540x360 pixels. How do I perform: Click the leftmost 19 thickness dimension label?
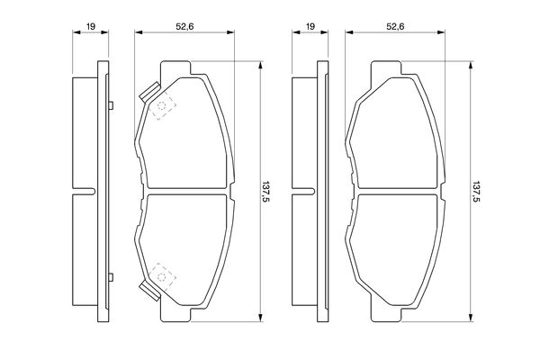tap(91, 28)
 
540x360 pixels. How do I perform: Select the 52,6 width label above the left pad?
tap(183, 28)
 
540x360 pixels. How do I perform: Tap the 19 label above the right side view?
tap(310, 28)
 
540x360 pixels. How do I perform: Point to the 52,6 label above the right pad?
tap(393, 28)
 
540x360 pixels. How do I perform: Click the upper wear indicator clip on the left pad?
tap(149, 93)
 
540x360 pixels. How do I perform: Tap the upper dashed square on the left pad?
tap(163, 109)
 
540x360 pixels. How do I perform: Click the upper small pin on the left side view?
tap(109, 107)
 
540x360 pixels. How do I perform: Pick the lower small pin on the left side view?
tap(109, 276)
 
